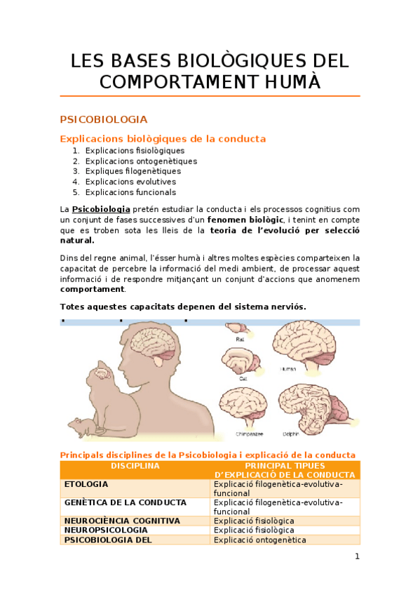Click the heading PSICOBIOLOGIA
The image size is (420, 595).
click(x=104, y=119)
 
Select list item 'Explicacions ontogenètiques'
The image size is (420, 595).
click(x=141, y=161)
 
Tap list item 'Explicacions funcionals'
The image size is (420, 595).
click(x=130, y=192)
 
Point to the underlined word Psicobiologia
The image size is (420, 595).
click(x=101, y=209)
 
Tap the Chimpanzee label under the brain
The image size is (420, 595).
click(x=240, y=434)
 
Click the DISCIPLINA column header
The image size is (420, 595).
click(x=135, y=466)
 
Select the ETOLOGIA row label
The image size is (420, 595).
click(x=86, y=484)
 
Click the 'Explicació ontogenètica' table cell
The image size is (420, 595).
click(x=260, y=540)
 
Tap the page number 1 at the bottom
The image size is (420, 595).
click(x=357, y=557)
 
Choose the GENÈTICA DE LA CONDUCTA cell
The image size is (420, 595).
click(x=125, y=502)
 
